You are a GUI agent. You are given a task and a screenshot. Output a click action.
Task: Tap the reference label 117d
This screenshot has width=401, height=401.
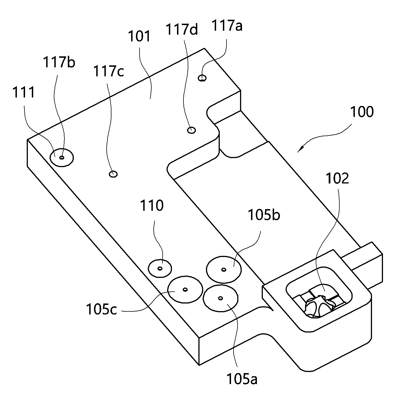coord(182,29)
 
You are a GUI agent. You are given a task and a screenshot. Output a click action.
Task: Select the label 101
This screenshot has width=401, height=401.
coord(139,36)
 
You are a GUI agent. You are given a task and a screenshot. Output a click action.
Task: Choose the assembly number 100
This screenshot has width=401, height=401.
coord(362,112)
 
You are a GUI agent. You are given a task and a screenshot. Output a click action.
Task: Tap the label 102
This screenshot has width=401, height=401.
coord(337,178)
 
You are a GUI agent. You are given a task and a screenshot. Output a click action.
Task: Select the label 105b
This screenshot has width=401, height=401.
coord(264,215)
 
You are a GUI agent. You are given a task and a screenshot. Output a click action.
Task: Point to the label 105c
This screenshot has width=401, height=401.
coord(101,309)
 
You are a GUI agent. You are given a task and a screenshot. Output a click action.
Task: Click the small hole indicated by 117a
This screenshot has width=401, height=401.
coord(202,78)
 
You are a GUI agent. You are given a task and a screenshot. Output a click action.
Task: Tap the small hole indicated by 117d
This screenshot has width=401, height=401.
coord(191,130)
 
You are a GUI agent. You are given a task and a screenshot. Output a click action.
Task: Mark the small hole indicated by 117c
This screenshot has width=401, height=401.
coord(113,174)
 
